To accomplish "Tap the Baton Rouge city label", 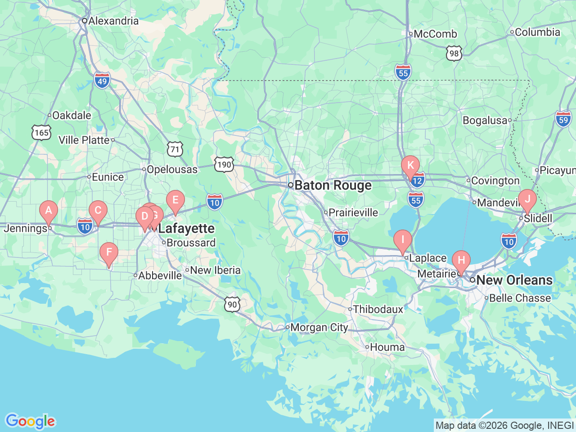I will click(x=333, y=185).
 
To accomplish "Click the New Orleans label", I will click(x=514, y=280).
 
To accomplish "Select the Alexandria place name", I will click(x=113, y=21).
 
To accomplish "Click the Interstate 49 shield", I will click(x=103, y=81).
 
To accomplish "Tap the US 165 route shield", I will click(x=41, y=132).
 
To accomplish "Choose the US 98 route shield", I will click(x=454, y=53).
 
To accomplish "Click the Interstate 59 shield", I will click(x=563, y=119).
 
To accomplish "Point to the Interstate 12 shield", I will click(x=418, y=180).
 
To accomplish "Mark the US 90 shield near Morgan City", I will click(x=232, y=304).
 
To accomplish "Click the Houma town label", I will click(x=387, y=347).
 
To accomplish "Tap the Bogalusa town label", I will click(x=485, y=121).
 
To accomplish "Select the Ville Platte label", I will click(x=84, y=140).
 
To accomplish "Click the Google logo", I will click(x=30, y=422).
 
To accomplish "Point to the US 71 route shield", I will click(x=175, y=149).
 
